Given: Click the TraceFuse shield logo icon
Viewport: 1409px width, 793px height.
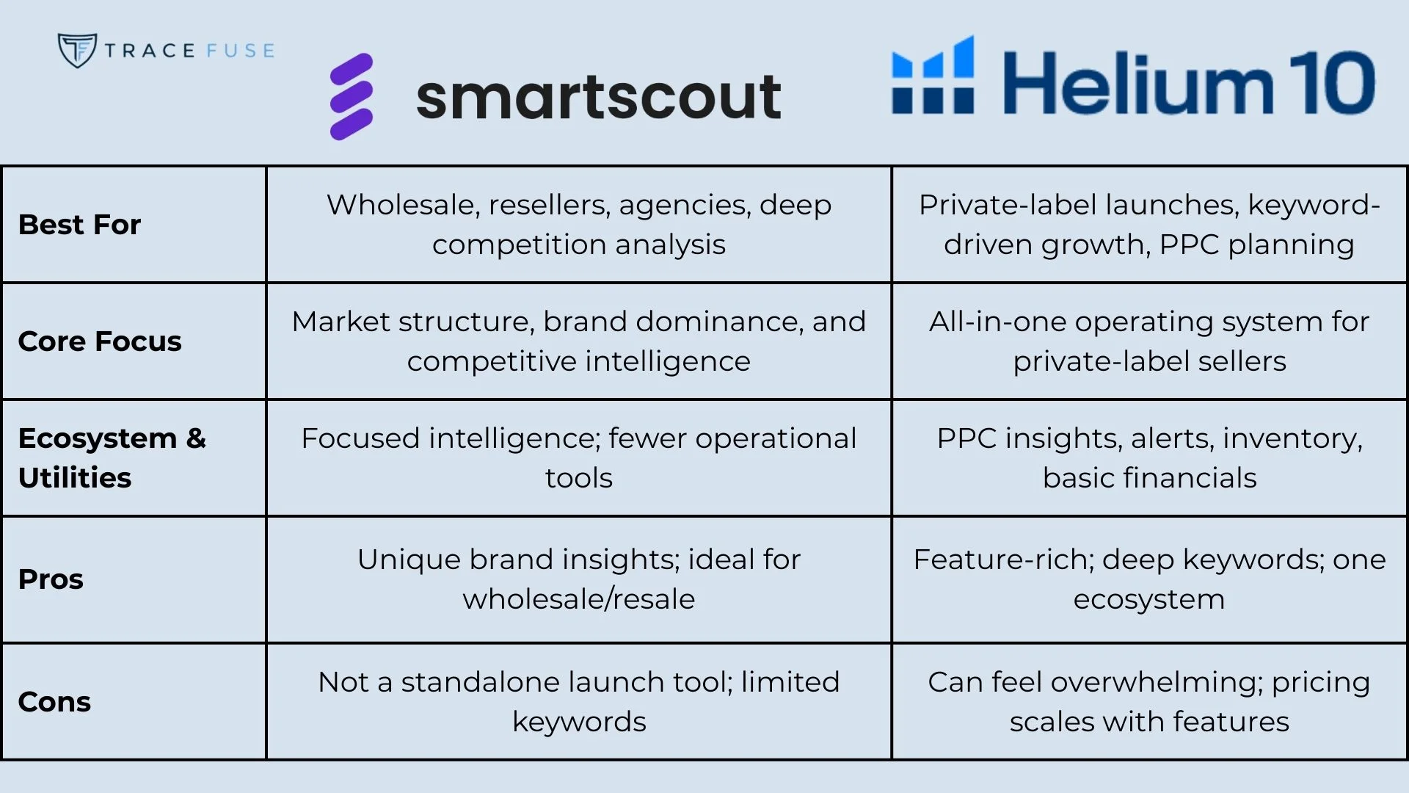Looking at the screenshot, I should [77, 50].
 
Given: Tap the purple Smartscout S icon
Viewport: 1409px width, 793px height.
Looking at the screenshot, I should [352, 96].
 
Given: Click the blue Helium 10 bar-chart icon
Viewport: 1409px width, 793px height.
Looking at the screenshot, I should [933, 76].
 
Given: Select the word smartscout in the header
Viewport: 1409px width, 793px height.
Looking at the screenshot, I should [598, 96].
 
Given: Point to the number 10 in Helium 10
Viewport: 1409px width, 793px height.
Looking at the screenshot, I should [1332, 83].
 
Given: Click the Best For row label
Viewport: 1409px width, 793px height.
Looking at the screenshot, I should [79, 225].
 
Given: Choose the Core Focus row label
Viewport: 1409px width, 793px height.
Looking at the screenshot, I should [100, 341].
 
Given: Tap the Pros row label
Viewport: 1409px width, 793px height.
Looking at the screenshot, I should [51, 579].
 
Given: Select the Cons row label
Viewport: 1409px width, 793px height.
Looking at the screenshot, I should [54, 702].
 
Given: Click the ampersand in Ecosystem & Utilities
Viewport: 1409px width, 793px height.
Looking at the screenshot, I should [196, 438].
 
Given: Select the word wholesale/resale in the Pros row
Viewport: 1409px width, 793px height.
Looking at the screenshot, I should [578, 599].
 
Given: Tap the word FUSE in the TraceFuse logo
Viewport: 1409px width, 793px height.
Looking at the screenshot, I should [240, 51].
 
